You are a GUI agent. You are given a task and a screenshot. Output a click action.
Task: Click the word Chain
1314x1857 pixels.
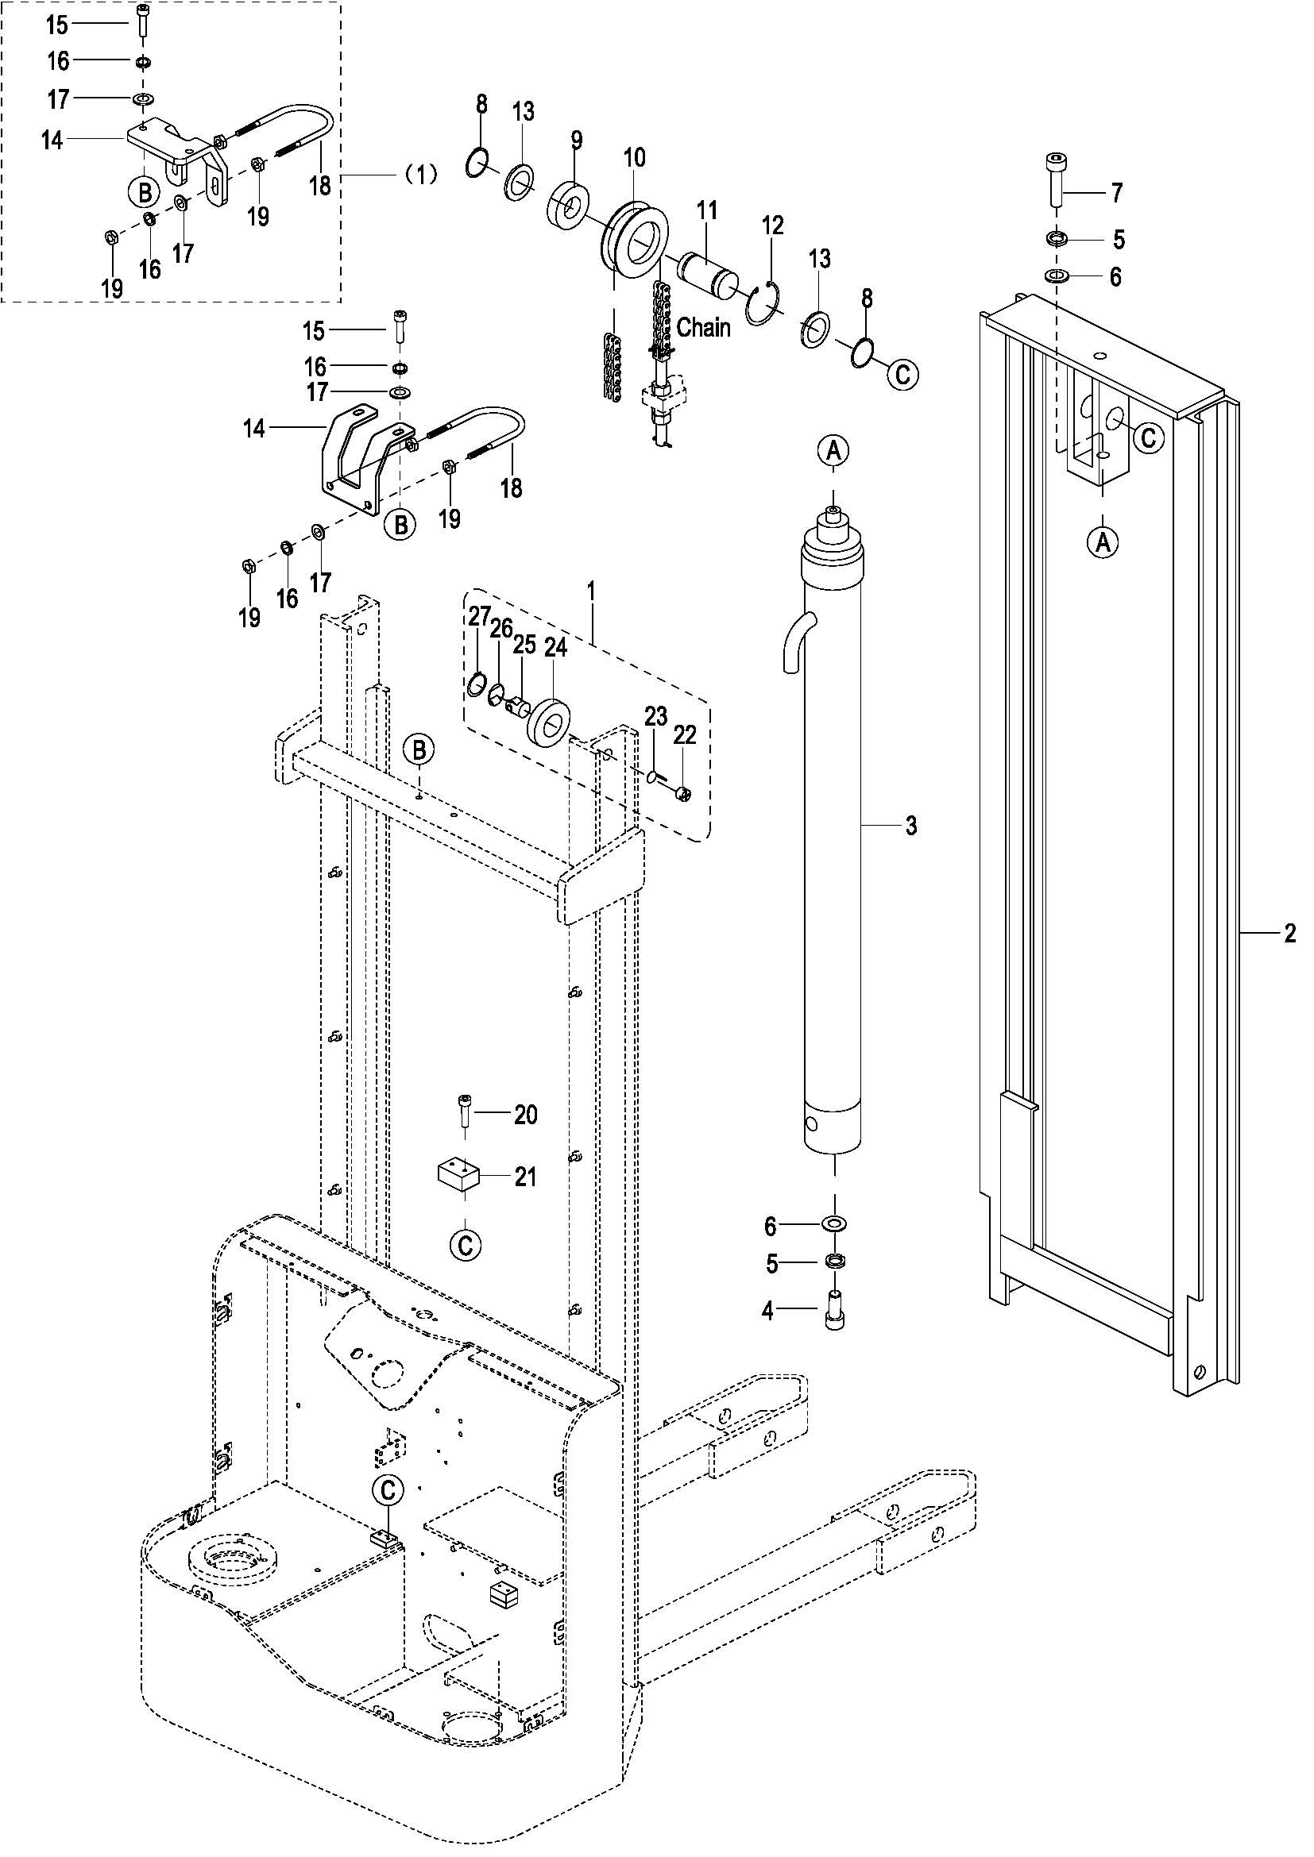pos(703,328)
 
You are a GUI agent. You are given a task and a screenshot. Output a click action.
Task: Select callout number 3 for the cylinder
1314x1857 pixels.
pos(911,826)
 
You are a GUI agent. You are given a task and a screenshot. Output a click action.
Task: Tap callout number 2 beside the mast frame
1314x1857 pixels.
pos(1289,934)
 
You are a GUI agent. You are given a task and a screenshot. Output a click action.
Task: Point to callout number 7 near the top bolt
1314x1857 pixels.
pos(1116,193)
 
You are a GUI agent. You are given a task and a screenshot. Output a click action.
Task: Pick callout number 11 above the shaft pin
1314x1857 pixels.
pos(707,211)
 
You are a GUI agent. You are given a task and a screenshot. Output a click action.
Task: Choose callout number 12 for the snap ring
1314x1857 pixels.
pos(773,225)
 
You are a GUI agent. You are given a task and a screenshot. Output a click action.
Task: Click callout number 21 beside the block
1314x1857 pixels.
pos(526,1176)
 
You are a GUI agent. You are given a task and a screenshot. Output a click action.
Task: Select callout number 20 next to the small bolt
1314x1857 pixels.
pos(526,1115)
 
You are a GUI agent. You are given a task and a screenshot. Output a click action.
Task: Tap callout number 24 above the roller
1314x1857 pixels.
pos(556,648)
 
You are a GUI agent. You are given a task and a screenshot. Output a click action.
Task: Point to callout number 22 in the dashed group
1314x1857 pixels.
pos(685,734)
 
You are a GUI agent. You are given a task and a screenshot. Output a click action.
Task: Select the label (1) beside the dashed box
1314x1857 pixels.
pos(420,174)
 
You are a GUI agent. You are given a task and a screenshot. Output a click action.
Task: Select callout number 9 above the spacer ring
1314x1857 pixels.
pos(576,140)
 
